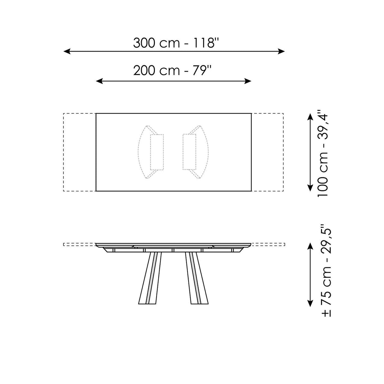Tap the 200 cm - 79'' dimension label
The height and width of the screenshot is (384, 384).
tap(172, 70)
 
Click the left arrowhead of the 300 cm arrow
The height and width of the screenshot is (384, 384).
tap(67, 51)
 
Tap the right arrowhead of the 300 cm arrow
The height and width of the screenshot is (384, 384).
tap(281, 51)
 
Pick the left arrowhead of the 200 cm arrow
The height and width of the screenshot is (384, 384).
tap(99, 81)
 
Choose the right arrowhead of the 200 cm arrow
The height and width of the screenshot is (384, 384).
tap(248, 81)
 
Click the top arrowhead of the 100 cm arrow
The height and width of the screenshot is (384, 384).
tap(310, 116)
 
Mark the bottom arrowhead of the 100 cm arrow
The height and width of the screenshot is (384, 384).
tap(310, 188)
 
